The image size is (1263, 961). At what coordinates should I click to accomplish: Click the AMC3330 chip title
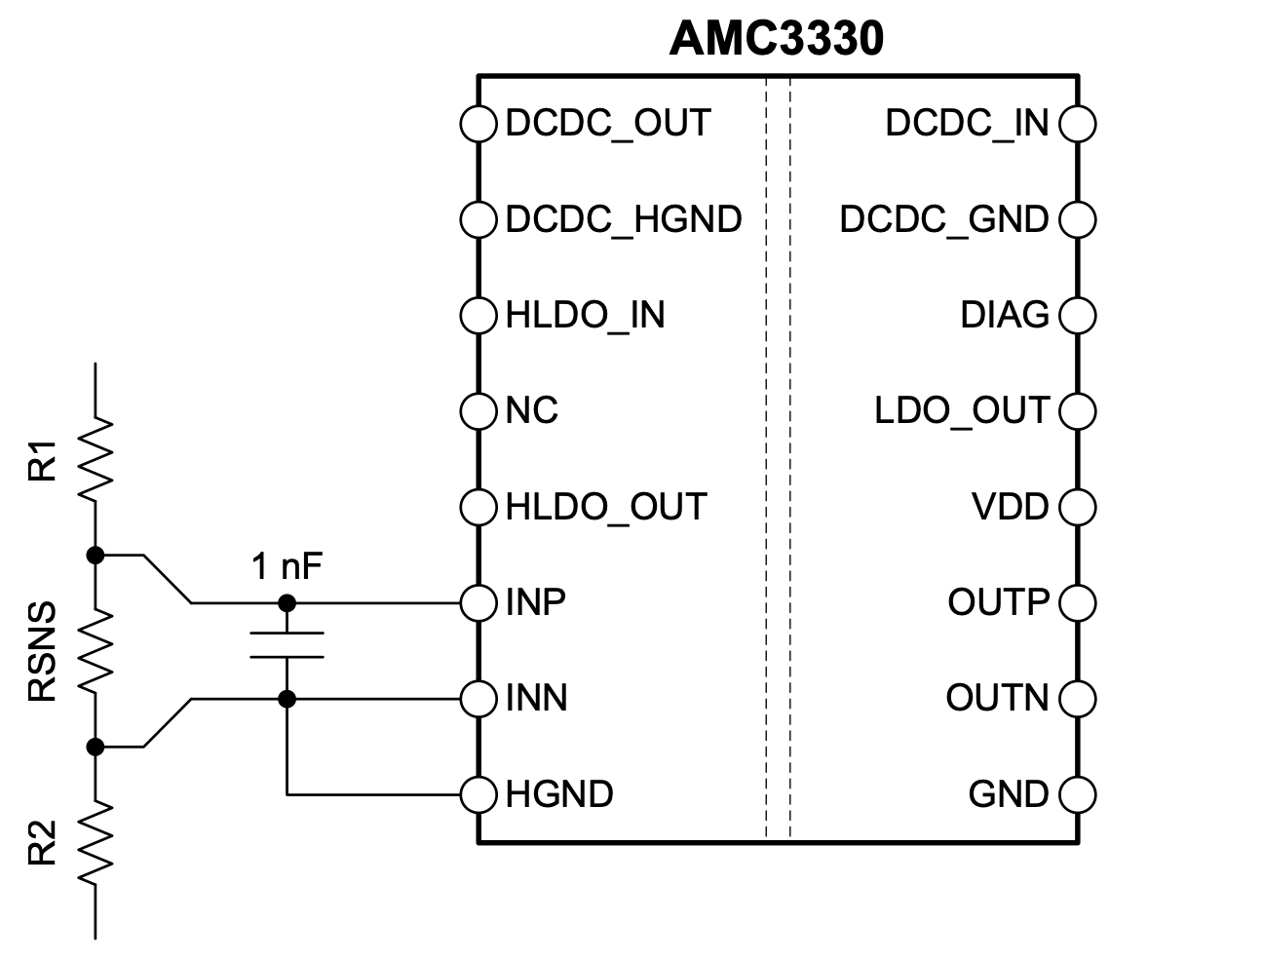click(x=776, y=39)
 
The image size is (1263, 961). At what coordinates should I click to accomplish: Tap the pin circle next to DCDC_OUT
click(x=478, y=124)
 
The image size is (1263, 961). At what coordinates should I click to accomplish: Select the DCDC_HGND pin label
click(x=624, y=219)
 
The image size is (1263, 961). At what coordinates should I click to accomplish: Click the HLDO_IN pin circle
click(x=478, y=316)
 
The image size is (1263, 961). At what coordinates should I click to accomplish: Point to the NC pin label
click(x=532, y=410)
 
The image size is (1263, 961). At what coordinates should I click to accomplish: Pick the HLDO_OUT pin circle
click(x=478, y=507)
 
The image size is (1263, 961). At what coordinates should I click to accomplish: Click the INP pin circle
click(x=478, y=603)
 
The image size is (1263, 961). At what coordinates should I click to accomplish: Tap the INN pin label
click(x=536, y=698)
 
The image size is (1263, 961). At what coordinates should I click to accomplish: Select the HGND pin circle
click(x=478, y=794)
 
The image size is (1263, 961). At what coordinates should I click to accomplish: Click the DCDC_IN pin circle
click(x=1078, y=124)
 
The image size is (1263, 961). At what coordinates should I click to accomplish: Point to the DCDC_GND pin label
click(x=944, y=219)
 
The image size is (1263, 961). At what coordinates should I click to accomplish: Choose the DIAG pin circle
click(x=1078, y=316)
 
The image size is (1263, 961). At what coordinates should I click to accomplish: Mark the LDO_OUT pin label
click(x=962, y=411)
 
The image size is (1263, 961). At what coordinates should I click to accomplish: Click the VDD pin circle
click(x=1078, y=507)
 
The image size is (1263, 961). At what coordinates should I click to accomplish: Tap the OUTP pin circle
click(x=1078, y=603)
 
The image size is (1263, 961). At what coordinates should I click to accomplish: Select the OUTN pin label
click(x=998, y=698)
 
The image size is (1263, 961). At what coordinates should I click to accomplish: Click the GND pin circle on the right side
click(x=1078, y=794)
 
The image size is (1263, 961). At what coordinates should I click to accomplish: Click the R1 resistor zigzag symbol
click(x=96, y=459)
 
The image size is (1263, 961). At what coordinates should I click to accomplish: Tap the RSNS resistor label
click(x=42, y=651)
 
